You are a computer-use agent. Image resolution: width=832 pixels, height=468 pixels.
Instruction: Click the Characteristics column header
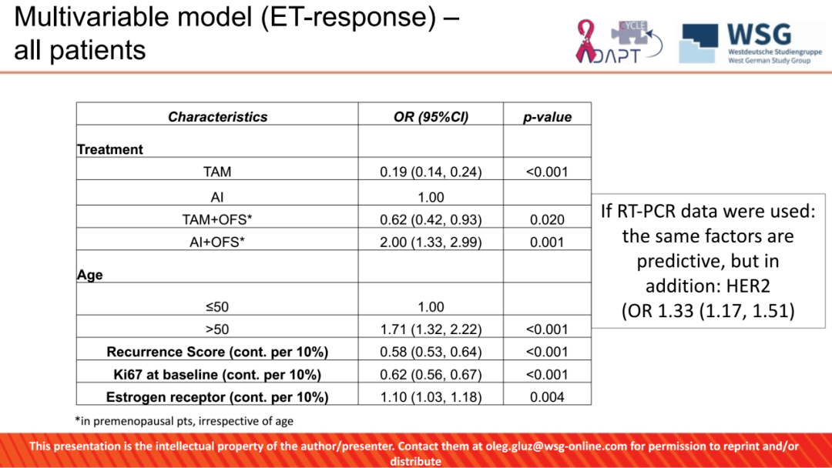click(217, 116)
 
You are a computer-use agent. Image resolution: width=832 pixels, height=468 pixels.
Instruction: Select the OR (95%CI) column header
click(431, 116)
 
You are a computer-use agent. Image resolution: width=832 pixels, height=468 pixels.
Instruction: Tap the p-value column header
click(547, 117)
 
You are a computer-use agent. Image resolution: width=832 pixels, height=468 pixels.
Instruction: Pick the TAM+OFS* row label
click(217, 219)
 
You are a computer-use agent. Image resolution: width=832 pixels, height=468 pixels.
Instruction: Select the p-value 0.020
click(547, 219)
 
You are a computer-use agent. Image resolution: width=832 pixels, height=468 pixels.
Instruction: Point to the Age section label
click(89, 275)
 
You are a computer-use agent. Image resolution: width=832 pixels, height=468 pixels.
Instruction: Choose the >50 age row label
click(217, 329)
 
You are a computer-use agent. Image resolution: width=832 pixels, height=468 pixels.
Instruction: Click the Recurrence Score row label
click(217, 352)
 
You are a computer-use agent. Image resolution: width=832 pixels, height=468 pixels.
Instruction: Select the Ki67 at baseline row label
click(217, 375)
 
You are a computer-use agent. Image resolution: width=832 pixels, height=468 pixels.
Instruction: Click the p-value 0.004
click(547, 397)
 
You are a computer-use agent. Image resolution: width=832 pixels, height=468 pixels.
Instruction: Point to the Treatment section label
click(110, 149)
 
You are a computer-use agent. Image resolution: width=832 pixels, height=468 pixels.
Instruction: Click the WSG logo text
click(760, 35)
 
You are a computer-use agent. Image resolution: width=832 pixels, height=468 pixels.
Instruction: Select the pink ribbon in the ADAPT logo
click(585, 42)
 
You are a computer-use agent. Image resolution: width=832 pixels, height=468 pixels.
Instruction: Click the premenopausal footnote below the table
click(184, 421)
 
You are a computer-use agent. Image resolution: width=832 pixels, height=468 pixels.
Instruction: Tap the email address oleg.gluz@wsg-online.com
click(556, 446)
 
